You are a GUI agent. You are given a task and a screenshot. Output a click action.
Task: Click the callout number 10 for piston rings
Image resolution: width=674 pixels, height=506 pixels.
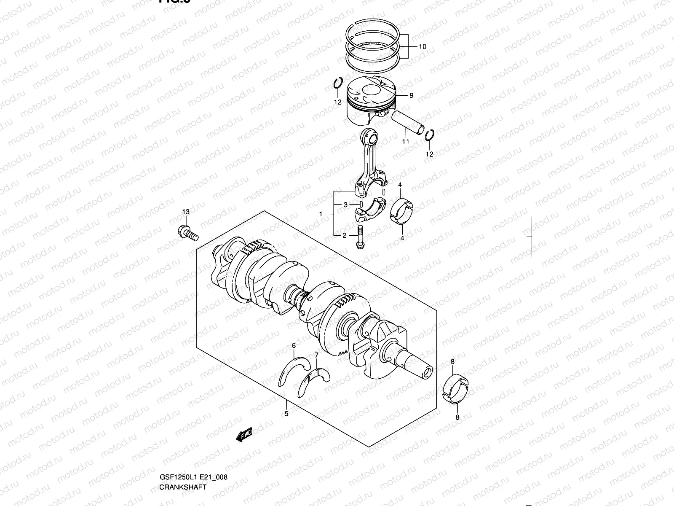coord(422,47)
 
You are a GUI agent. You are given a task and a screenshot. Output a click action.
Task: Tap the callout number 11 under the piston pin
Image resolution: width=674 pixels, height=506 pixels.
coord(405,142)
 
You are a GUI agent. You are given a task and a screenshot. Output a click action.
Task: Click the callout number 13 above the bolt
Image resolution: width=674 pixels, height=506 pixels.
coord(186,212)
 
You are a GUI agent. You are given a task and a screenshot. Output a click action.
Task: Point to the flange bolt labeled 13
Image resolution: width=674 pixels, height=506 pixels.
coord(188,233)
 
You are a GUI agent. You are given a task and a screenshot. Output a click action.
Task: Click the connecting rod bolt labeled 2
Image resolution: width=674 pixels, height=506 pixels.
coord(359,237)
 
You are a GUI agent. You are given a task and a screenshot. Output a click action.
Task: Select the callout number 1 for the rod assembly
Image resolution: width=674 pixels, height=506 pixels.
coord(321,214)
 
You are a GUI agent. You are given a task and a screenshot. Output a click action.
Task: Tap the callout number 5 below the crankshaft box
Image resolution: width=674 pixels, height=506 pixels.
coord(286,414)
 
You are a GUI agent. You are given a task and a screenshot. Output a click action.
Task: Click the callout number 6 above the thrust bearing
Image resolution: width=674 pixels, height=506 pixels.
coord(294,346)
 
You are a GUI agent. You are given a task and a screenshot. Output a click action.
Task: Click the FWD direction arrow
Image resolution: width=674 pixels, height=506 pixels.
coord(244,435)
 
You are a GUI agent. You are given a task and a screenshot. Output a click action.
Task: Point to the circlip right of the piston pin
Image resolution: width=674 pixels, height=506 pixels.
coord(429,136)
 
